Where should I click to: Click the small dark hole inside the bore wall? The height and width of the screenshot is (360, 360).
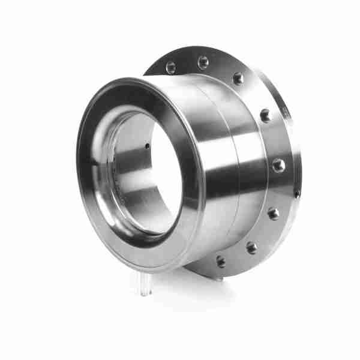[x=148, y=146]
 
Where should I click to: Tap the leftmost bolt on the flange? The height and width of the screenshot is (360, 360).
[x=171, y=67]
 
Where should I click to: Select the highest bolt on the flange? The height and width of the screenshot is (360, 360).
[x=203, y=62]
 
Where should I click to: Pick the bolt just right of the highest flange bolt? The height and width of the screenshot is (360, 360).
[x=239, y=78]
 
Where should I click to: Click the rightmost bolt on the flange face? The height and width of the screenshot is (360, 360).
[x=278, y=165]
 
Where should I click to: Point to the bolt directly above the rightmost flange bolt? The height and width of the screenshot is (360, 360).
[x=265, y=115]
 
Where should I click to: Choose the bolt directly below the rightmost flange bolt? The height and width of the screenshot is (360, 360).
[x=273, y=213]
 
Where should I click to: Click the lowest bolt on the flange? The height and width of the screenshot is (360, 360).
[x=221, y=262]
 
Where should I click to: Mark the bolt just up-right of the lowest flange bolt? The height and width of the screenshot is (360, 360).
[x=251, y=247]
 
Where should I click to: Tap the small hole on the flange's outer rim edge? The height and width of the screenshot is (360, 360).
[x=296, y=193]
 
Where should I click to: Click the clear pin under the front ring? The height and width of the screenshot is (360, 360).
[x=146, y=286]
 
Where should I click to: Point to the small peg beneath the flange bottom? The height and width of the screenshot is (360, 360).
[x=221, y=278]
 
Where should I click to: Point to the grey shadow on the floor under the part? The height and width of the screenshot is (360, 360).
[x=180, y=282]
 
